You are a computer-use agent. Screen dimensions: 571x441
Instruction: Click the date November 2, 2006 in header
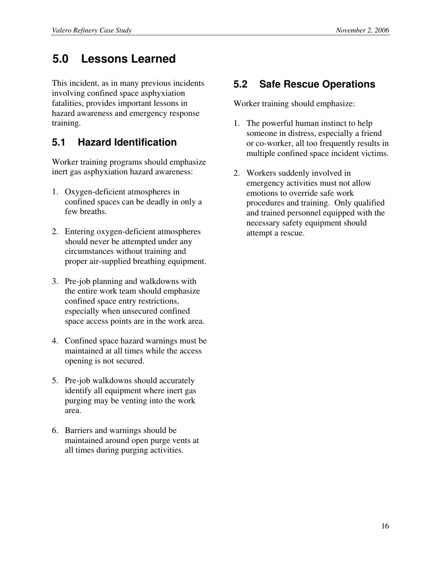[x=362, y=31]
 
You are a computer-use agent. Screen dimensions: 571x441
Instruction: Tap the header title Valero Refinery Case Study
[x=91, y=31]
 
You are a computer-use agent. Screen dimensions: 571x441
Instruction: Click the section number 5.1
[x=58, y=143]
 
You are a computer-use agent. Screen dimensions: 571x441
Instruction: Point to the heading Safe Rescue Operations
[x=317, y=84]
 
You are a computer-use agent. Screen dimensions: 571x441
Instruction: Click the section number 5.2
[x=240, y=84]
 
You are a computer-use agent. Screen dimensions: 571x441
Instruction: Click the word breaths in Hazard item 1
[x=94, y=212]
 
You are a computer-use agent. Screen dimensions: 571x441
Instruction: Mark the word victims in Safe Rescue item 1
[x=375, y=154]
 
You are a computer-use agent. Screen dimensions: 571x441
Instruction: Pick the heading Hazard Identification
[x=127, y=143]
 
